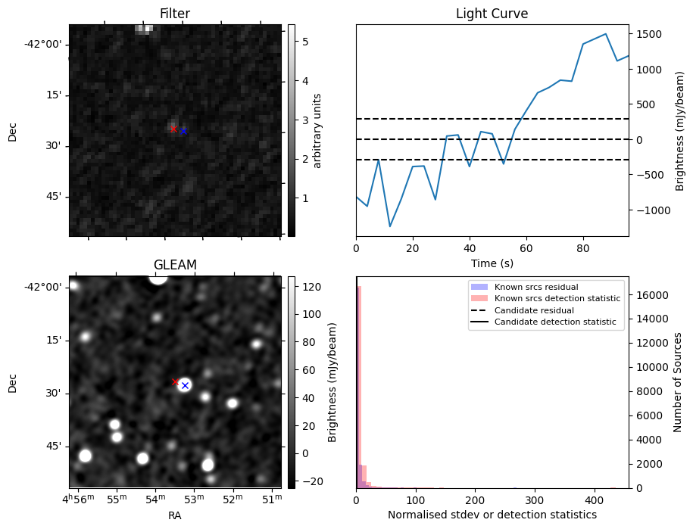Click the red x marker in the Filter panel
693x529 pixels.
pos(173,129)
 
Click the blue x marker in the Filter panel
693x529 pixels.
pos(183,131)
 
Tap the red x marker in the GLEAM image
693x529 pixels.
pos(175,382)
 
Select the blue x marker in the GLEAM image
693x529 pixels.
pos(185,385)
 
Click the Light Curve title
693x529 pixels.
pos(492,14)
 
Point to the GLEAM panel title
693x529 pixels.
pos(175,265)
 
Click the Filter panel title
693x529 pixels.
pos(175,14)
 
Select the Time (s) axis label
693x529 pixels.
pos(492,262)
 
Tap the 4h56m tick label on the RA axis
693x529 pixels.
pos(79,499)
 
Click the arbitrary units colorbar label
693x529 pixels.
pos(318,130)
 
